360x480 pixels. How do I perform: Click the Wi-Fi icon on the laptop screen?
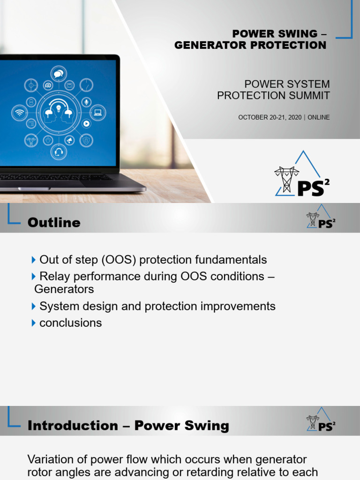click(x=19, y=112)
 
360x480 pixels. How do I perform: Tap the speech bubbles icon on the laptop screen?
click(x=59, y=74)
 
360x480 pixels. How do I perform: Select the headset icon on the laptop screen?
click(x=59, y=151)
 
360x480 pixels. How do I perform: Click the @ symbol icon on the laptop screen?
click(x=47, y=85)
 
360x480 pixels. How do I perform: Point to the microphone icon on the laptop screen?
click(x=86, y=102)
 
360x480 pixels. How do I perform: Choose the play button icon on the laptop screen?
click(x=86, y=123)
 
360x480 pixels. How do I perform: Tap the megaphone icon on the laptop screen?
click(x=69, y=140)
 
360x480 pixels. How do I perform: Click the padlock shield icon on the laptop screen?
click(x=86, y=140)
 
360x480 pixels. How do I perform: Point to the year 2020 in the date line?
click(x=295, y=117)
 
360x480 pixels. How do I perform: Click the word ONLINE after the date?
click(x=319, y=117)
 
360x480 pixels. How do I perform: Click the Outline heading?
click(x=54, y=223)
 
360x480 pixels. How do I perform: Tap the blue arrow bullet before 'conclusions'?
click(x=33, y=323)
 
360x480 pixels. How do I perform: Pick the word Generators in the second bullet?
click(x=64, y=289)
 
